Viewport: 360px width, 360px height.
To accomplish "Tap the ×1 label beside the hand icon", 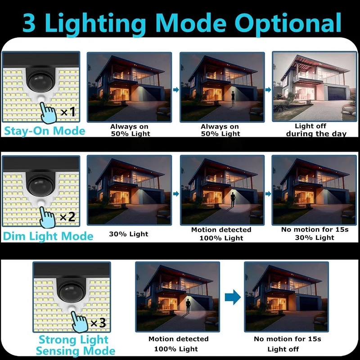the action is coord(68,112).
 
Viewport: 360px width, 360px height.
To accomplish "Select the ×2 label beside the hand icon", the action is coord(67,217).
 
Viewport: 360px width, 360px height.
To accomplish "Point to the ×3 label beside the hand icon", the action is coord(98,323).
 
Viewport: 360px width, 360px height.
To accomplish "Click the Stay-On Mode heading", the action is coord(45,131).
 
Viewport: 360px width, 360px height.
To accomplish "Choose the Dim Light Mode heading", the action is coord(48,236).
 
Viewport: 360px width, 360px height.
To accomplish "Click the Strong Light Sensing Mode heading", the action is coord(75,345).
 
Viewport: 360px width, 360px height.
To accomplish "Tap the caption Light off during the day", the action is coord(316,130).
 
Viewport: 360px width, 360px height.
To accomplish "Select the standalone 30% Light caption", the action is coord(129,234).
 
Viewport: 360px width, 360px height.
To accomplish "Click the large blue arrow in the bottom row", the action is coord(233,297).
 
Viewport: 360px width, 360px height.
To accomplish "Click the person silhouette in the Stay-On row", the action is coord(233,99).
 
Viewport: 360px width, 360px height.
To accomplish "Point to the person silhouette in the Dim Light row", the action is coord(233,199).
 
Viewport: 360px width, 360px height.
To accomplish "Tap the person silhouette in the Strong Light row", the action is coord(188,306).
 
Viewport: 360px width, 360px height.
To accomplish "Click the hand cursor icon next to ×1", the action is coord(48,112).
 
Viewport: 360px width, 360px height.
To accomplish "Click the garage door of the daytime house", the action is coord(337,94).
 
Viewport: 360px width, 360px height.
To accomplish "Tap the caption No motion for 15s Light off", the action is coord(287,344).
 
